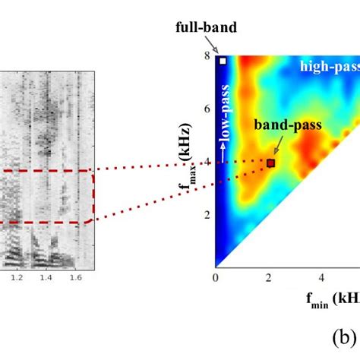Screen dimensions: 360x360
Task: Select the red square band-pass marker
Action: [x=270, y=163]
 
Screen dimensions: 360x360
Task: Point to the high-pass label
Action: [x=329, y=67]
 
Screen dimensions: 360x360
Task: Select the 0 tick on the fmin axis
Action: [x=216, y=278]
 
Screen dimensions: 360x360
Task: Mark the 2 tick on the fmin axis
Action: [x=270, y=278]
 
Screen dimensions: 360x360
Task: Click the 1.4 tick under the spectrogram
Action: [x=46, y=279]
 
